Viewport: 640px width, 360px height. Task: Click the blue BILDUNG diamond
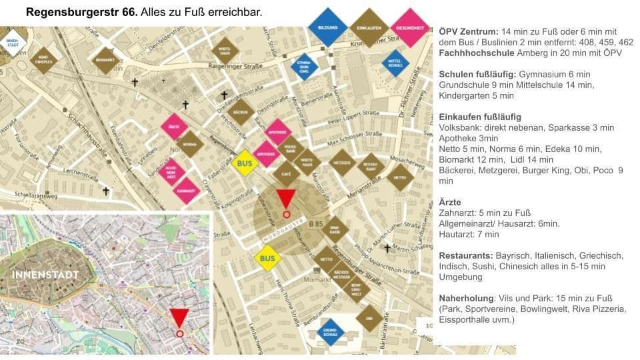pos(327,27)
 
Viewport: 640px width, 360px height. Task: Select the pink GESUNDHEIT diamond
pos(410,27)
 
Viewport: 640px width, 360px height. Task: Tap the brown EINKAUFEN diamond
pos(369,27)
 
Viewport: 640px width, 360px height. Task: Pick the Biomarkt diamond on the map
pos(105,60)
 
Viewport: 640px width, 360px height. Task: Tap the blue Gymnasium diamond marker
pos(304,67)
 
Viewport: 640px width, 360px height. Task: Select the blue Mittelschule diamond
pos(395,63)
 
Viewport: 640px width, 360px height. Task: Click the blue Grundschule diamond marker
pos(330,331)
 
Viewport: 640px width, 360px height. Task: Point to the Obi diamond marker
pos(369,318)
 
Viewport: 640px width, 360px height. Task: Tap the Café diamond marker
pos(286,173)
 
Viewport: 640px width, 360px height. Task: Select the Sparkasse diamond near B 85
pos(335,229)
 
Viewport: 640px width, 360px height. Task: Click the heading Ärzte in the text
pos(450,202)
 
